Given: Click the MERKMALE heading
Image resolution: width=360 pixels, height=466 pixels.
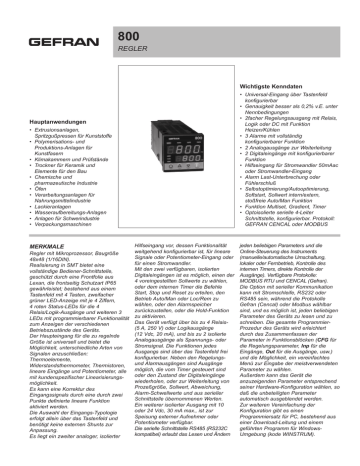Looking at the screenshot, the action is pos(40,244).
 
